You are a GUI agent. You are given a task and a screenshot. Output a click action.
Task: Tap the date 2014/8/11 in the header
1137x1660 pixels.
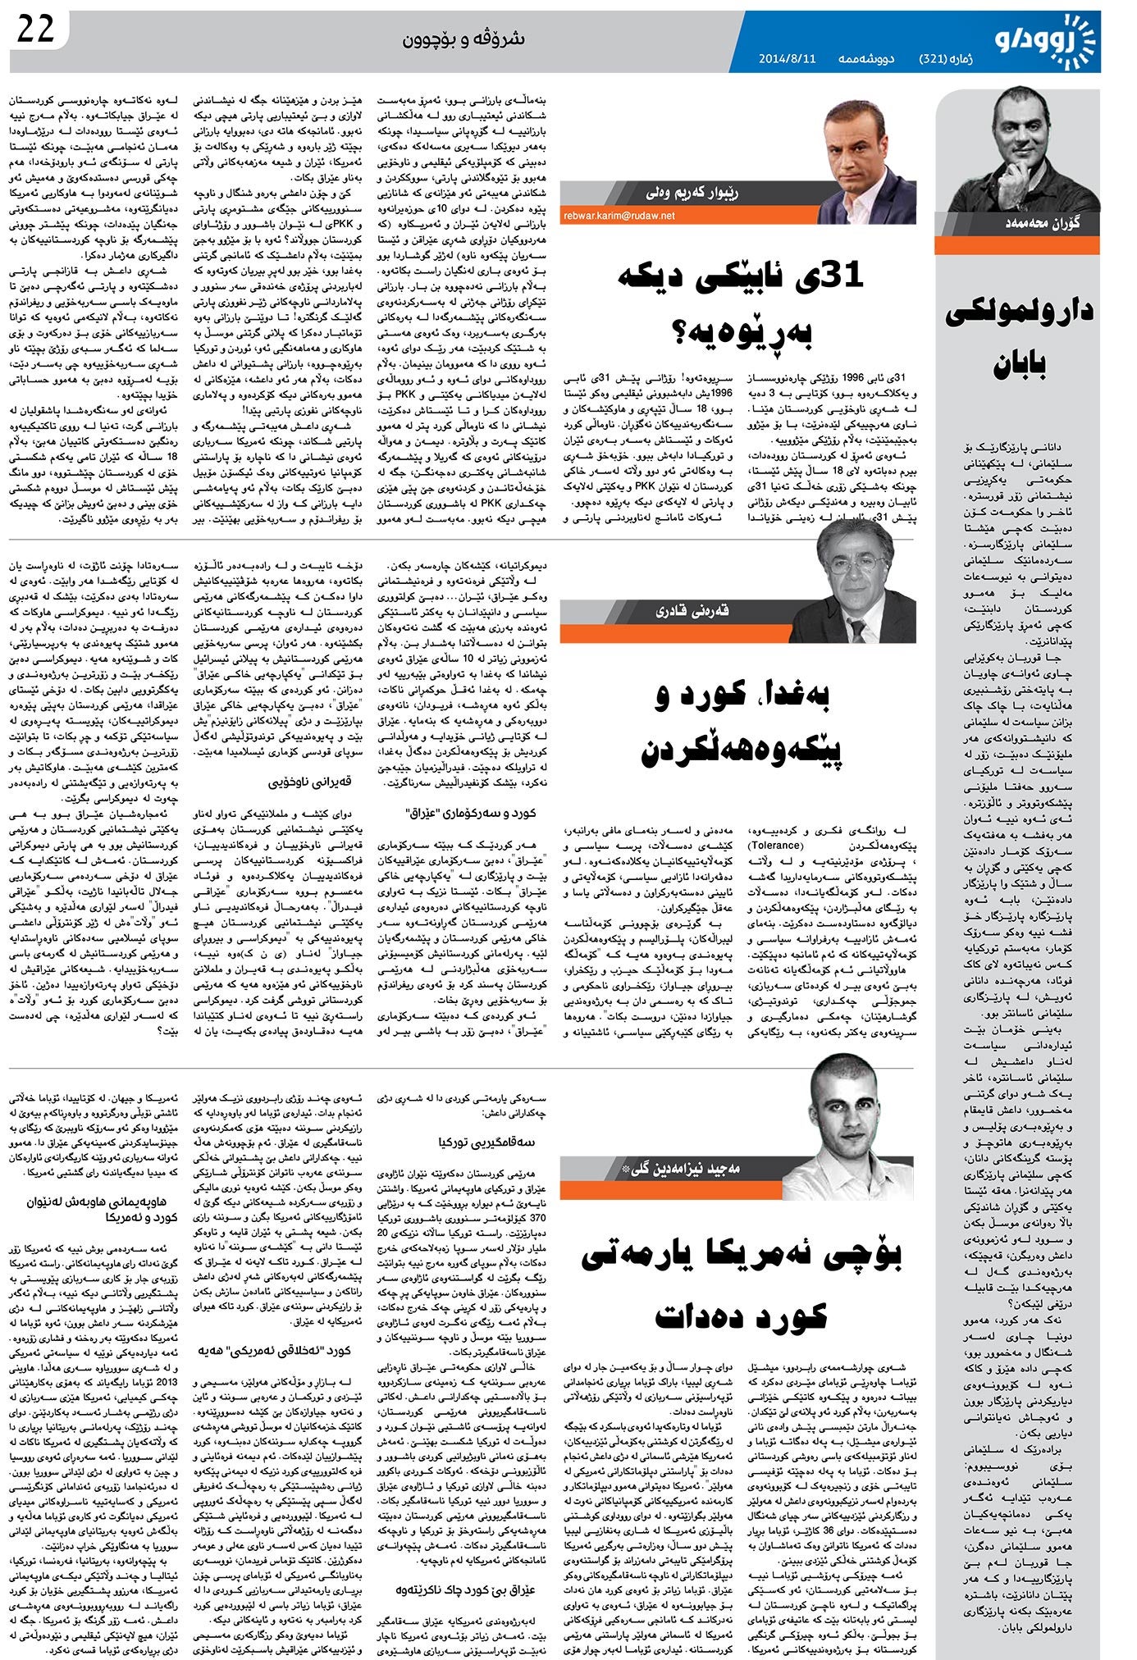point(787,59)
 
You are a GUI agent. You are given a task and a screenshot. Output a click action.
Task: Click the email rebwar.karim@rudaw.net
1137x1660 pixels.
point(619,215)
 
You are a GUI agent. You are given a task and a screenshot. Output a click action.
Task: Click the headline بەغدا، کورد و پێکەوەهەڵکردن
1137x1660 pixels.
point(738,722)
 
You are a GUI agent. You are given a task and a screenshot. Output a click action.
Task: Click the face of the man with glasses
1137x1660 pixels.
point(854,566)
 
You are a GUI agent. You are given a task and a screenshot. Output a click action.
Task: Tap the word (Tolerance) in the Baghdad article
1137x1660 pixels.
point(774,845)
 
